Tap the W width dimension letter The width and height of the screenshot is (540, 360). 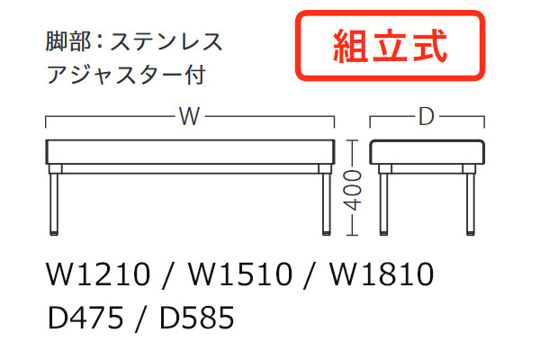188,117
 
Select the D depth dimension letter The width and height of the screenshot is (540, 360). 427,117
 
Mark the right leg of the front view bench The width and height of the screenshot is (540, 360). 323,202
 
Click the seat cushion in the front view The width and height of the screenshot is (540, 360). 189,151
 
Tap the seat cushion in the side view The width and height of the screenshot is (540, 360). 427,151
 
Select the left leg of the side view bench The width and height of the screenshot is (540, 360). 383,202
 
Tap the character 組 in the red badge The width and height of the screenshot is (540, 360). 346,44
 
